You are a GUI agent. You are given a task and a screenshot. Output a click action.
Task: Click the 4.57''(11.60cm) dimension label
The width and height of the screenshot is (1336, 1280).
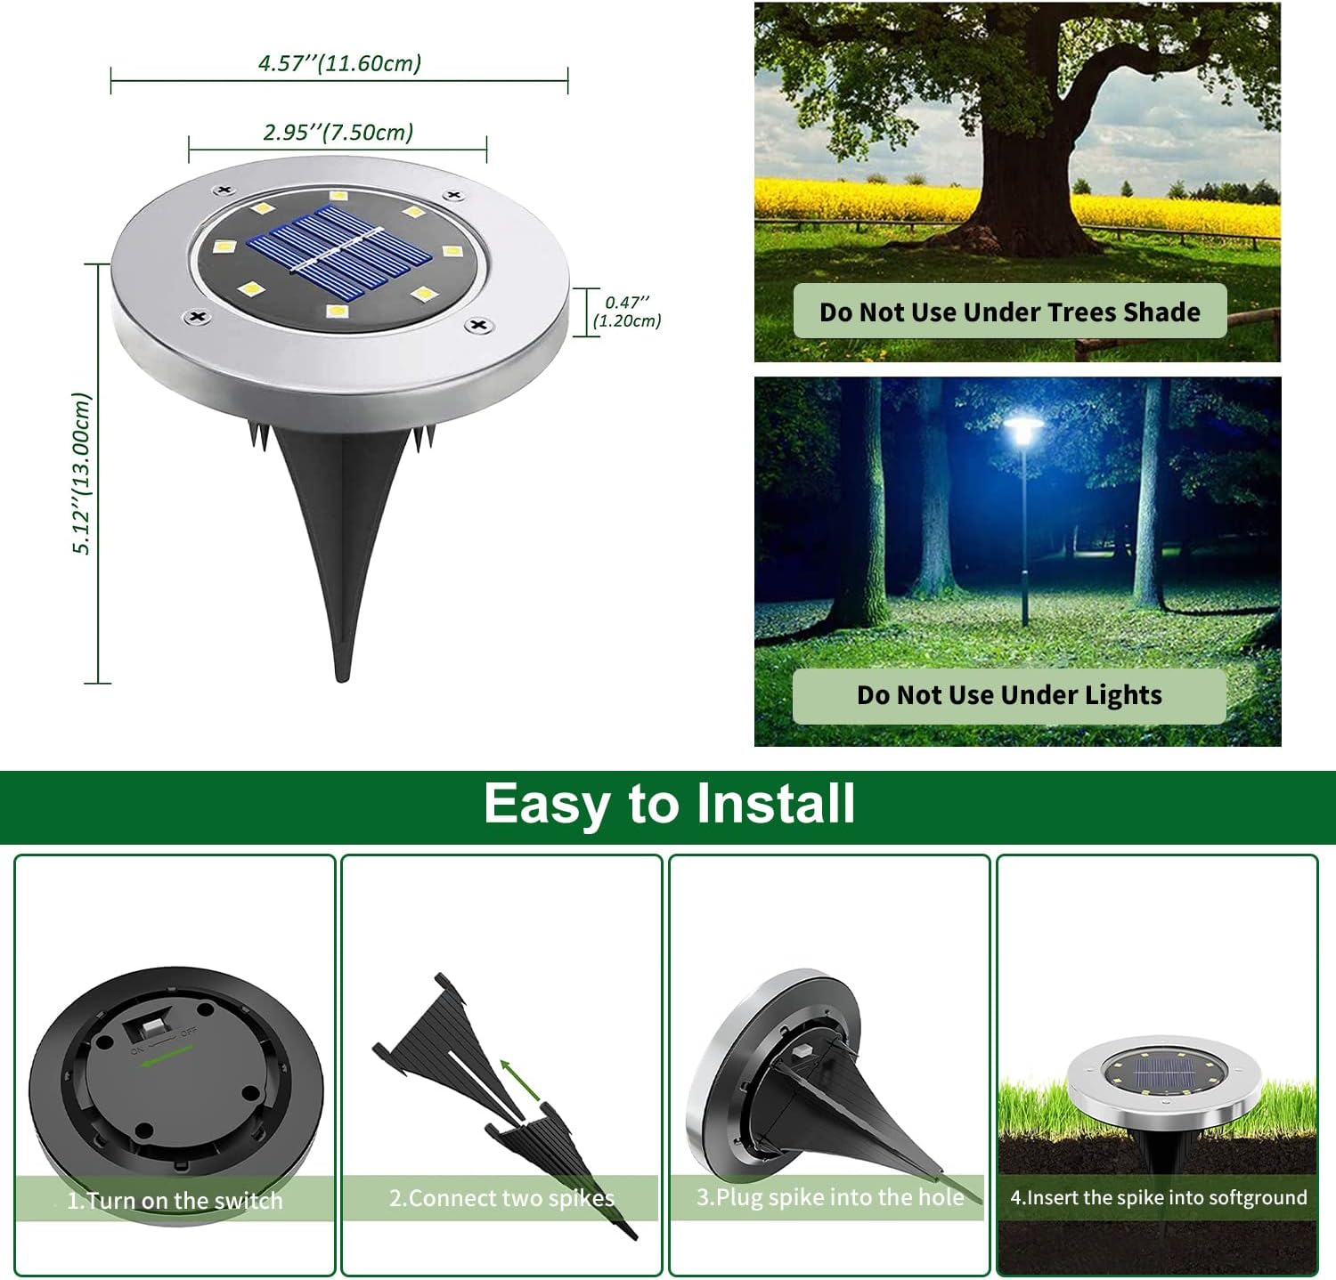339,63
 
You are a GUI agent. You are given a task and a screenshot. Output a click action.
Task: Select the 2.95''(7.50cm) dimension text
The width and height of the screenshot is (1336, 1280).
338,133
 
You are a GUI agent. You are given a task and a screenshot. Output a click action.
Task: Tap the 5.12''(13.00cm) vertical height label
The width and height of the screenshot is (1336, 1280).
82,474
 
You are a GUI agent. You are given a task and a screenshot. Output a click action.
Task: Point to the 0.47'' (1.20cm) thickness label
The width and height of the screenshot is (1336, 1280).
627,312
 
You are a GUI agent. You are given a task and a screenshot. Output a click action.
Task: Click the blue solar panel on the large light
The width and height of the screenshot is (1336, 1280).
339,252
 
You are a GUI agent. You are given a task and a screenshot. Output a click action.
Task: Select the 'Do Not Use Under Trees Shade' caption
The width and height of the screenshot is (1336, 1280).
1009,312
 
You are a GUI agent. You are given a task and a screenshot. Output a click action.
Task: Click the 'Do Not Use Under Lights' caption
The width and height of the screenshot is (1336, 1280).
1009,695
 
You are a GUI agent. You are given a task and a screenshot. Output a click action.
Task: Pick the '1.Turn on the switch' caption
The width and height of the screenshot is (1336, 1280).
175,1201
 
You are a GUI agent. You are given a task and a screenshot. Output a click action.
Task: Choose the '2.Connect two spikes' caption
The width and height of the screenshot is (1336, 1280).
501,1198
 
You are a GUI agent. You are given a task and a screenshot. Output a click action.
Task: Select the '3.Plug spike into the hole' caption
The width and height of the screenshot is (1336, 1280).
830,1197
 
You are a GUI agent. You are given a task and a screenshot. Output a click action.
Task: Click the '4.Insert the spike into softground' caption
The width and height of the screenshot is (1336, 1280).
1158,1198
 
